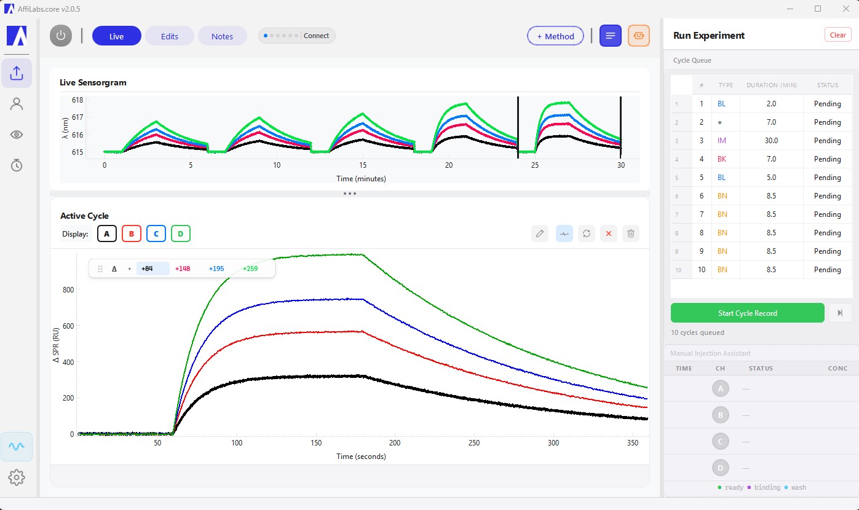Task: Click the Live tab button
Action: tap(117, 36)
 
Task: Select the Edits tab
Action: tap(170, 36)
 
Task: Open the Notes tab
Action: tap(222, 36)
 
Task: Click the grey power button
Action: tap(60, 36)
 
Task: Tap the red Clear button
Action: tap(837, 35)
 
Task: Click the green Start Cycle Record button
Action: tap(747, 313)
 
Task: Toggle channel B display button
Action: tap(132, 233)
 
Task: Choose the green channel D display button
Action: tap(181, 233)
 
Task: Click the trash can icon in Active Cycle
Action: tap(630, 233)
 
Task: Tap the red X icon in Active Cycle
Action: tap(608, 233)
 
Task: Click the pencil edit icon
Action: tap(539, 233)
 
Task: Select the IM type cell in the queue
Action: tap(722, 141)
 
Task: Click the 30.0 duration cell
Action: tap(770, 141)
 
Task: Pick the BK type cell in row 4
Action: tap(722, 159)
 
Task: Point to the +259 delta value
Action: tap(250, 269)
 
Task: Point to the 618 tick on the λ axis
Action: tap(77, 100)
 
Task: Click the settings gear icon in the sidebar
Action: tap(17, 477)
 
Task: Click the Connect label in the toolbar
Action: tap(316, 36)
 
